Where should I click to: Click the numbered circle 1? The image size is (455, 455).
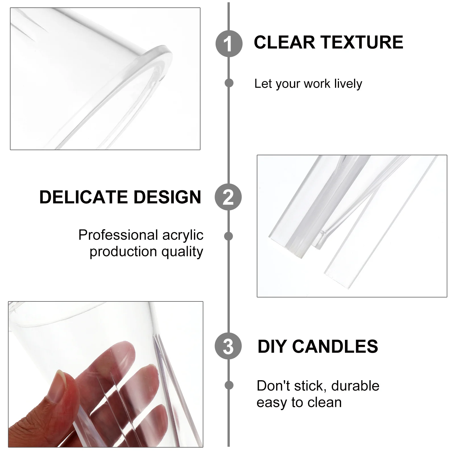229,44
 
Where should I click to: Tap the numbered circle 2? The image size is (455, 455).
228,197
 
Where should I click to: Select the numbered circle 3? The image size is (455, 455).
228,346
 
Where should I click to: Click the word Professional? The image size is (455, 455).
118,235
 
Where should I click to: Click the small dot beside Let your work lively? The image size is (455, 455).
229,83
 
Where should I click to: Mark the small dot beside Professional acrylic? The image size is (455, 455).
228,236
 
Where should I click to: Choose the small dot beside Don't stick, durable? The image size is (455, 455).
229,385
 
